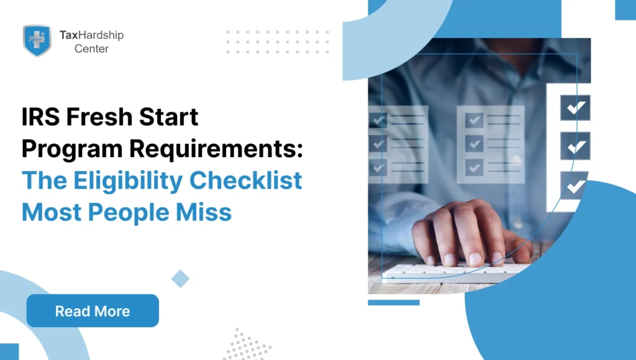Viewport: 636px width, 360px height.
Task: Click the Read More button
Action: pyautogui.click(x=93, y=311)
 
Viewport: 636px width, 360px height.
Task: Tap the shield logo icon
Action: pyautogui.click(x=37, y=40)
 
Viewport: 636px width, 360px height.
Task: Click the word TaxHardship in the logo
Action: pyautogui.click(x=91, y=35)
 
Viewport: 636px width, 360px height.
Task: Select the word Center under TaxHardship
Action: pyautogui.click(x=91, y=48)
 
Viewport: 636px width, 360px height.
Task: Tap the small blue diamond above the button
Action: pyautogui.click(x=180, y=279)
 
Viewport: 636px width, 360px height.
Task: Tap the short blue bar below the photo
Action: pyautogui.click(x=393, y=302)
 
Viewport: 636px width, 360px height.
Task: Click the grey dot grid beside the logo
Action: pyautogui.click(x=277, y=42)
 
